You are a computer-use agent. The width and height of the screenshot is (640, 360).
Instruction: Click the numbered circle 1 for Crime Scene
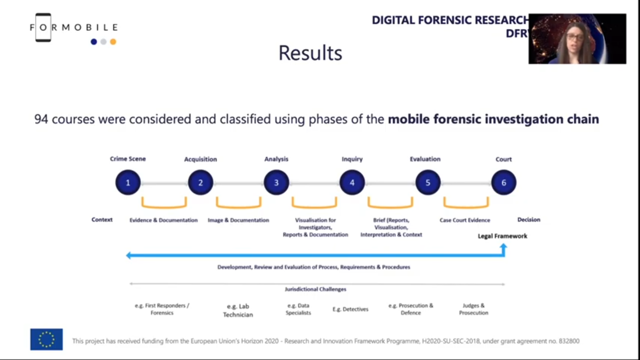coord(128,182)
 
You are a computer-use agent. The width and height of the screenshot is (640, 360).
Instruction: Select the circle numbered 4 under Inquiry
coord(352,182)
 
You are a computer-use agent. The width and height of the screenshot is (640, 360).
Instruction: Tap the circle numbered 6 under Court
coord(504,182)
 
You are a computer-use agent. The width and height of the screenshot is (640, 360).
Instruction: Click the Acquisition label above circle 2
coord(200,159)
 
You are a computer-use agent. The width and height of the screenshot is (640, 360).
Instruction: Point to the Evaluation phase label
coord(425,159)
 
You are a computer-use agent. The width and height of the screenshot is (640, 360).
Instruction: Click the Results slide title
coord(310,53)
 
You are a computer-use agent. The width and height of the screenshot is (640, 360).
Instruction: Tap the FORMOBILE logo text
coord(74,27)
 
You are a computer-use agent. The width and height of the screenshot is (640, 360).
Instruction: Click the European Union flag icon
coord(46,339)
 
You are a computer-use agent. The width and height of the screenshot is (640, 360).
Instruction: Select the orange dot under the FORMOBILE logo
coord(113,42)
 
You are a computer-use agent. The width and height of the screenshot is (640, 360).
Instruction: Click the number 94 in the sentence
coord(41,120)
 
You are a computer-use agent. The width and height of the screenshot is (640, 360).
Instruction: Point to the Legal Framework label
coord(502,236)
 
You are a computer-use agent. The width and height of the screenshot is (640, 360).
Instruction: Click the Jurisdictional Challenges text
coord(315,289)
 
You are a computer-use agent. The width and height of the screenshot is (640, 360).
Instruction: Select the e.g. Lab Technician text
coord(238,310)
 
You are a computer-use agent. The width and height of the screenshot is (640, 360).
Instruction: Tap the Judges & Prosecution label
coord(473,309)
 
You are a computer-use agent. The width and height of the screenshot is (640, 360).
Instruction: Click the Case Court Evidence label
coord(465,220)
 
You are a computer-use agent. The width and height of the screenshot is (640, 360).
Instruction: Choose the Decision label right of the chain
coord(528,220)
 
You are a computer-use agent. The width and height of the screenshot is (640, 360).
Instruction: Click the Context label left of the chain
coord(102,220)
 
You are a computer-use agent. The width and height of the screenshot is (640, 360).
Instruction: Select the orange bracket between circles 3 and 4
coord(314,203)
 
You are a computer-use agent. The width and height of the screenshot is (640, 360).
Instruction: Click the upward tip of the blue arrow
coord(504,245)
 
